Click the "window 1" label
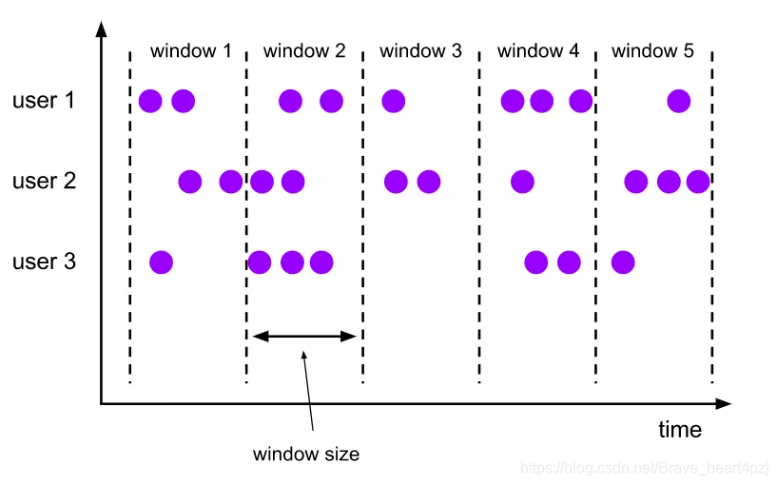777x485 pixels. tap(190, 51)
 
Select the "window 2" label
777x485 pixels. tap(304, 51)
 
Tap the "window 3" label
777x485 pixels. tap(420, 51)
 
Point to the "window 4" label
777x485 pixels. tap(537, 51)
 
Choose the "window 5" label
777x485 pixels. tap(652, 51)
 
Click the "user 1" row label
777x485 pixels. tap(43, 100)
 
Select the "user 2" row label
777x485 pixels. tap(44, 181)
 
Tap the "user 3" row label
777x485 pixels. tap(44, 261)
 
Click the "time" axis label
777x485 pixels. tap(680, 429)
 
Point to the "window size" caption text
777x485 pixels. tap(306, 455)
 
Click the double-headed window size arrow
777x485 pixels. tap(304, 335)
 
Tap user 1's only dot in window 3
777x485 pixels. tap(393, 100)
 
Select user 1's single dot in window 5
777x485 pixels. tap(678, 100)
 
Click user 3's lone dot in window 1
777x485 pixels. tap(161, 261)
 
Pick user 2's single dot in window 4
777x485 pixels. tap(521, 181)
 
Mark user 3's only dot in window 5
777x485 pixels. tap(623, 261)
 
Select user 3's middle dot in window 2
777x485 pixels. tap(292, 261)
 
